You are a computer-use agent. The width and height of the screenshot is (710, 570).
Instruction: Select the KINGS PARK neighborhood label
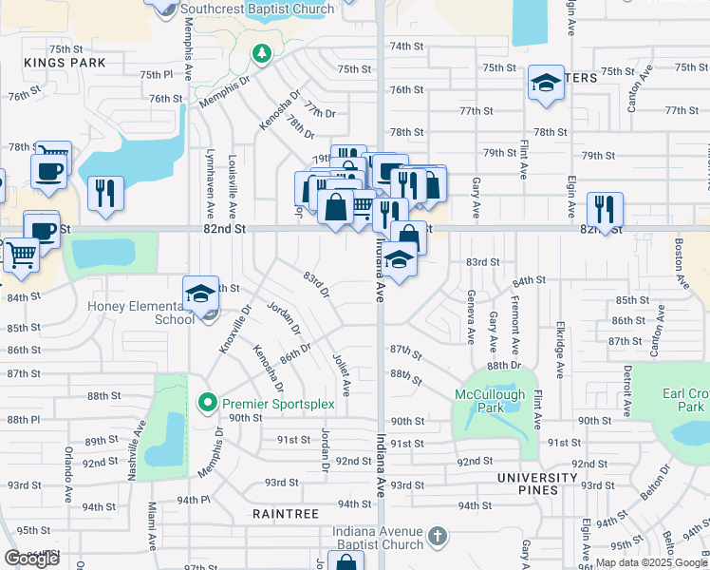click(65, 63)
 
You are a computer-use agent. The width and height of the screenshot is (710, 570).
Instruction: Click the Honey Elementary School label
click(140, 313)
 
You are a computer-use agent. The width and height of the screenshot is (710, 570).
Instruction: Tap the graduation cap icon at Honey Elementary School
click(200, 294)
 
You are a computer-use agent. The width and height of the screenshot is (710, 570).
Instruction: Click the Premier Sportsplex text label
click(279, 404)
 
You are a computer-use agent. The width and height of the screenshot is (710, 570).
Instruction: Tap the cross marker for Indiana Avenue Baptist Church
click(437, 537)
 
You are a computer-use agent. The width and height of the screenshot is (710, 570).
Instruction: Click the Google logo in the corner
click(32, 559)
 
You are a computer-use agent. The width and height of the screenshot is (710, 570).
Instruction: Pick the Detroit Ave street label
click(626, 388)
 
